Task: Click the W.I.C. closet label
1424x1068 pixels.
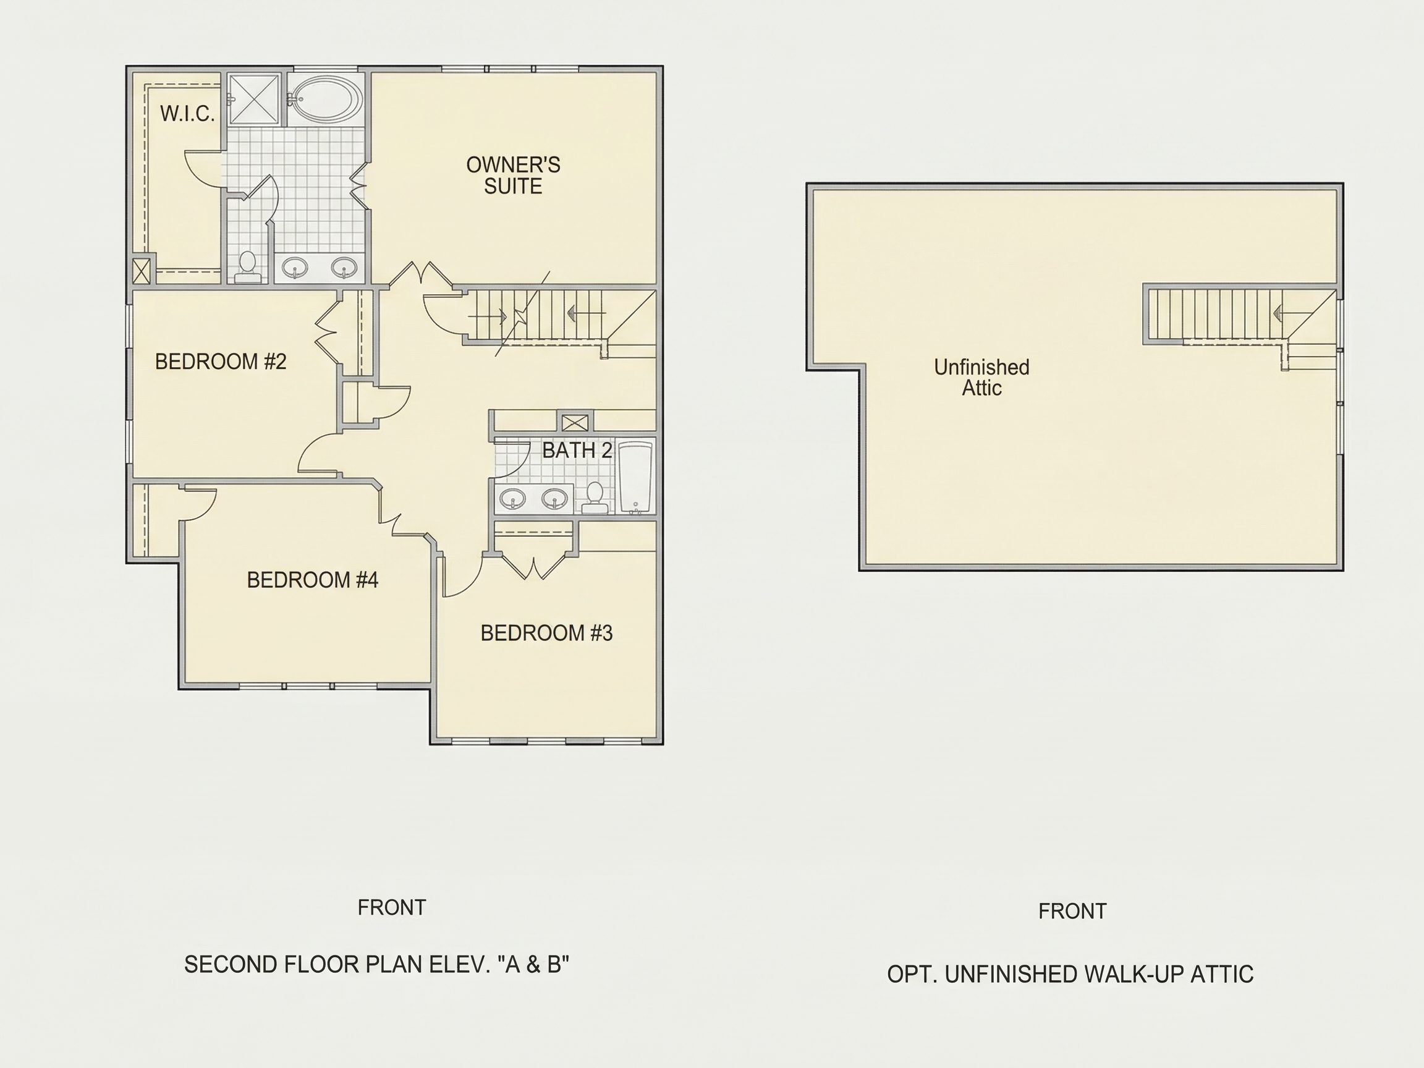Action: coord(187,114)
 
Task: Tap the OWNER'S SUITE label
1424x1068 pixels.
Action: coord(513,175)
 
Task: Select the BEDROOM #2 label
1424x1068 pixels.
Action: coord(220,362)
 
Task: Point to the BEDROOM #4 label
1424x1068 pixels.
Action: coord(312,580)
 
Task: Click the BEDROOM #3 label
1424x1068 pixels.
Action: coord(546,634)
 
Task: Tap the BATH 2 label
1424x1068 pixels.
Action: coord(577,451)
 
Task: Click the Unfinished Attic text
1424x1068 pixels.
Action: coord(981,377)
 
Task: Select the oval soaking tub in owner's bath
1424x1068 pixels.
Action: coord(327,99)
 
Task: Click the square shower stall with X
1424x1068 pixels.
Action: coord(255,98)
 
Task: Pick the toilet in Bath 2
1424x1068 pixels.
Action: coord(595,498)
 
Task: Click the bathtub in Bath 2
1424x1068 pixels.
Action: coord(635,478)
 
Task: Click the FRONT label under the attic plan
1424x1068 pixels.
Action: coord(1072,911)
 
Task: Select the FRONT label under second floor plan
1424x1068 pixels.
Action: coord(391,907)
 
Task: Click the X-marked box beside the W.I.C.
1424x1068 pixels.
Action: coord(141,269)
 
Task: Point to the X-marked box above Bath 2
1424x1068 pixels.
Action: coord(574,423)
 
